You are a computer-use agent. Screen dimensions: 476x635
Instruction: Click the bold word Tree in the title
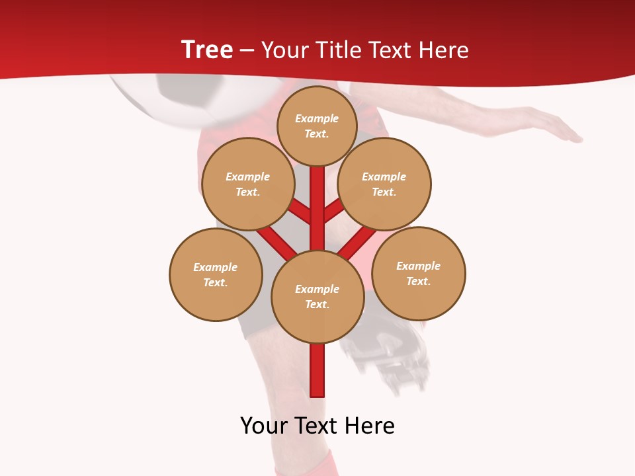206,50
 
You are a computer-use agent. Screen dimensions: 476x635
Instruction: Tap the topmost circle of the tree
317,126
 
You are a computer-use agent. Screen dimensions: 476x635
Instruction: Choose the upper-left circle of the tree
248,184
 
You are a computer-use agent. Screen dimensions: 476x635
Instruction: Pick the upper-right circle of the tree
384,184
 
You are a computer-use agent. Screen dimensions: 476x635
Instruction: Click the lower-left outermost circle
216,274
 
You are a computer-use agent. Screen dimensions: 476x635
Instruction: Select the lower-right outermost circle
419,273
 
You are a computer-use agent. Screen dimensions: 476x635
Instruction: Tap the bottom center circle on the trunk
317,296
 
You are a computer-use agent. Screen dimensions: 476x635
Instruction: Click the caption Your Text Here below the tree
317,426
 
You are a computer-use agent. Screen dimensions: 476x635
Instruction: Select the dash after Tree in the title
247,50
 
